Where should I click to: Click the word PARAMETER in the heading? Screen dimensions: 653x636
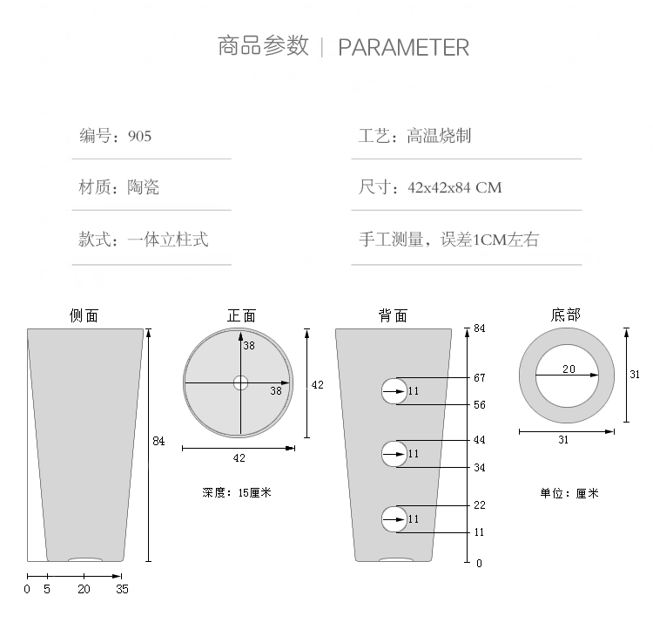pyautogui.click(x=403, y=47)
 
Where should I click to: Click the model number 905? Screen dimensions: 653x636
pyautogui.click(x=139, y=136)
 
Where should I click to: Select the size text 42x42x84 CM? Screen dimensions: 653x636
pyautogui.click(x=454, y=187)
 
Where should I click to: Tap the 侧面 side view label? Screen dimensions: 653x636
pyautogui.click(x=84, y=315)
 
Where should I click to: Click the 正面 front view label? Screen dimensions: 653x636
pyautogui.click(x=241, y=315)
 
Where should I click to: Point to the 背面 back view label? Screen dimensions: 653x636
pyautogui.click(x=393, y=315)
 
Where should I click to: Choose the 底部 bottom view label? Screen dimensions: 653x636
pyautogui.click(x=565, y=315)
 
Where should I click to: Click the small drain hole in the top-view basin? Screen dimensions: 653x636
pyautogui.click(x=240, y=382)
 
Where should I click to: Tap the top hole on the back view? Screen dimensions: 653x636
pyautogui.click(x=394, y=391)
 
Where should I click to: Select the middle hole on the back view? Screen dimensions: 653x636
pyautogui.click(x=394, y=454)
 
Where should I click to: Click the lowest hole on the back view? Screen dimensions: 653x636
pyautogui.click(x=394, y=518)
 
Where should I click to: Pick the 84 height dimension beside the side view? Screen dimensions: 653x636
pyautogui.click(x=158, y=442)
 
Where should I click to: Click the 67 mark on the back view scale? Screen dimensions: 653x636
pyautogui.click(x=479, y=378)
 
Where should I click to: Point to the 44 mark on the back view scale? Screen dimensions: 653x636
pyautogui.click(x=479, y=440)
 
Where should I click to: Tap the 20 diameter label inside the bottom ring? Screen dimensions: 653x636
pyautogui.click(x=569, y=369)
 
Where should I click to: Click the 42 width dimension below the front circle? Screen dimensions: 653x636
pyautogui.click(x=239, y=458)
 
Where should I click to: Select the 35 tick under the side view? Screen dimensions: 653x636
pyautogui.click(x=122, y=590)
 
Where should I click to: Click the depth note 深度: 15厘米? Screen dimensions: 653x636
pyautogui.click(x=237, y=492)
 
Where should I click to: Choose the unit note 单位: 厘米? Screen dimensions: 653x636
pyautogui.click(x=569, y=493)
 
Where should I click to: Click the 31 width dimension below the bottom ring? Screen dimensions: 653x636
pyautogui.click(x=563, y=440)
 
